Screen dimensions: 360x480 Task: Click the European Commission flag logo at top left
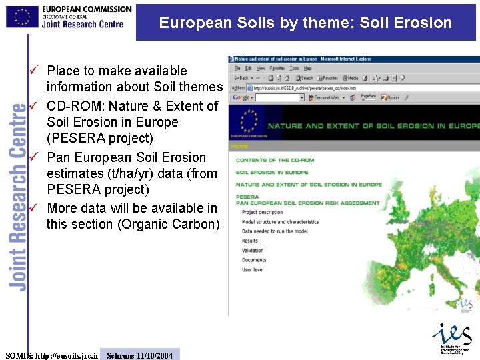pos(22,16)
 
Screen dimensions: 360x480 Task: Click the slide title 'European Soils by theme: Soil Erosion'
pos(305,23)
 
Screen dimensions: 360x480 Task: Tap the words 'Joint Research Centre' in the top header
pos(83,25)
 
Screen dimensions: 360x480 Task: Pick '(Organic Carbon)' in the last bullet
pos(169,224)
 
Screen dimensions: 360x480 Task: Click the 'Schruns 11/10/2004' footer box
pos(139,355)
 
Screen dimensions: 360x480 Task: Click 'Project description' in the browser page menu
pos(262,212)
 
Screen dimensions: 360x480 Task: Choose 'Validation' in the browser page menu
pos(253,251)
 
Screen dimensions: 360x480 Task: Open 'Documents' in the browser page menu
pos(254,260)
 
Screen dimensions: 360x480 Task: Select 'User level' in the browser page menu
pos(253,270)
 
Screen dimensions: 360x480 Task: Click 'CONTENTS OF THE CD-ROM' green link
pos(275,160)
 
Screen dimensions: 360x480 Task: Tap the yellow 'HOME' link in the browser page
pos(239,146)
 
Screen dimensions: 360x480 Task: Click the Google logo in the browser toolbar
pos(241,97)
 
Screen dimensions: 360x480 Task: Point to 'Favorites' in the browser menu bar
pos(277,68)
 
